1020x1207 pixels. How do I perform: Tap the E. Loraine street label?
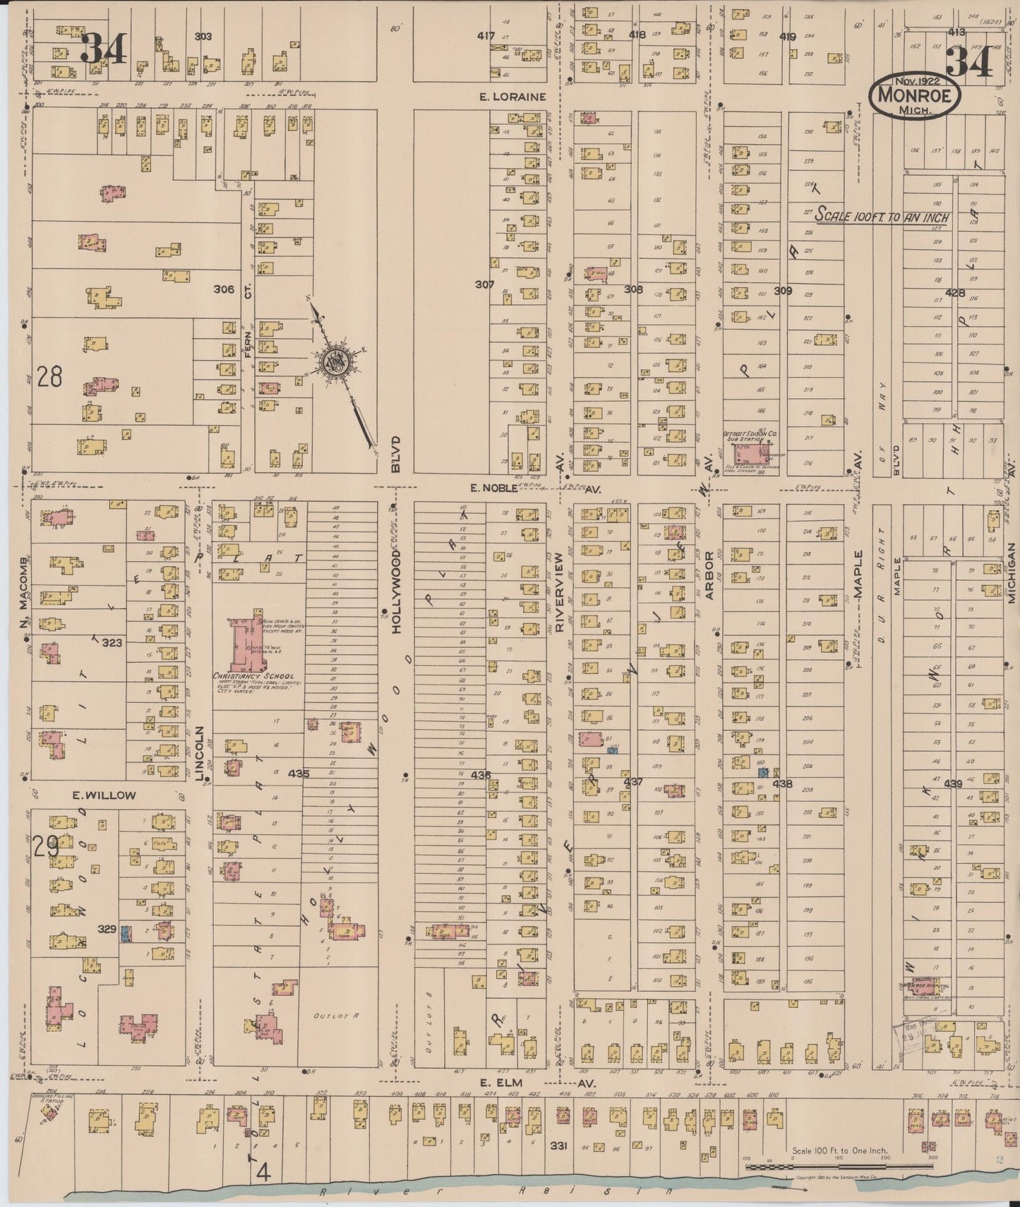512,97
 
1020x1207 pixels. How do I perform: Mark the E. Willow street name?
104,795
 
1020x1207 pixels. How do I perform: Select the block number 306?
224,289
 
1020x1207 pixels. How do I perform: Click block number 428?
955,292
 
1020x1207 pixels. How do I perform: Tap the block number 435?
299,774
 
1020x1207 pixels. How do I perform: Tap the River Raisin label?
494,1192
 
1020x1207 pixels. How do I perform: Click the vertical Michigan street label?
1011,572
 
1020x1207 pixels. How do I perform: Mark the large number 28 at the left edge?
49,377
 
